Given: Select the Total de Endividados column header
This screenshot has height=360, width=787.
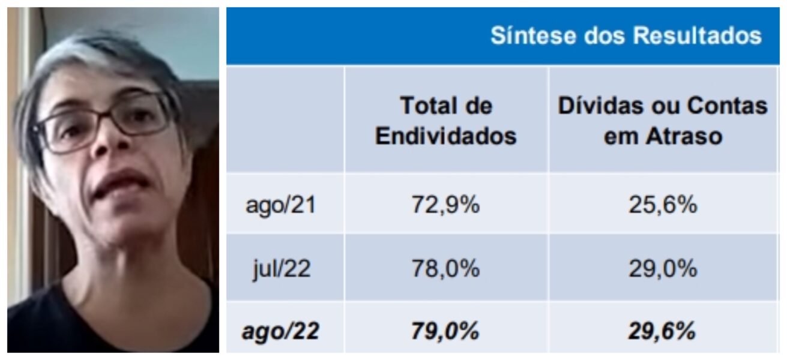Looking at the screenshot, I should pyautogui.click(x=445, y=121).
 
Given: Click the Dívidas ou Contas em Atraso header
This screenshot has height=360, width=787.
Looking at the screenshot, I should pyautogui.click(x=663, y=121).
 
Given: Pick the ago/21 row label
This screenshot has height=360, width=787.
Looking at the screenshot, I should pyautogui.click(x=280, y=205).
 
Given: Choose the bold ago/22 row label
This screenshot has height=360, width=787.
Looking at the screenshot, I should pyautogui.click(x=280, y=331).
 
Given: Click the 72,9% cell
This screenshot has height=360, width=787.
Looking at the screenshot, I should pyautogui.click(x=445, y=205).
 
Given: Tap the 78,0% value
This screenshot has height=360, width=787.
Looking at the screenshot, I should pyautogui.click(x=445, y=269).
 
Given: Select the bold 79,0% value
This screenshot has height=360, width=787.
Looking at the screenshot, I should pyautogui.click(x=445, y=331).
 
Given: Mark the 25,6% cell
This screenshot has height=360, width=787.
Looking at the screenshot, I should pyautogui.click(x=663, y=205).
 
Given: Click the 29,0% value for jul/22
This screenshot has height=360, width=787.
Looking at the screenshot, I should pyautogui.click(x=663, y=269).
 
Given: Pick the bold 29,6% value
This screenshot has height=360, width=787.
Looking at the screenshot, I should pyautogui.click(x=663, y=331).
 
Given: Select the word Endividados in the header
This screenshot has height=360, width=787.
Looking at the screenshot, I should pyautogui.click(x=445, y=137).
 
